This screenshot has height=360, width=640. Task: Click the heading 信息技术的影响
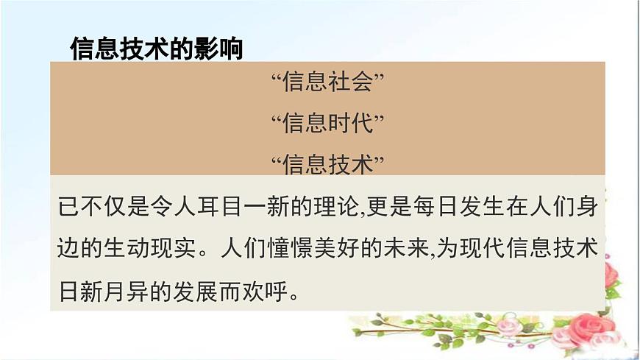156,49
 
